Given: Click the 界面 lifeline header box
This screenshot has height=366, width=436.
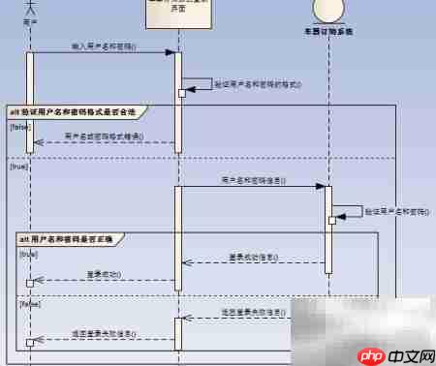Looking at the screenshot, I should tap(177, 13).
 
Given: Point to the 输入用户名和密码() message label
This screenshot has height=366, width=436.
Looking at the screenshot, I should tap(104, 46).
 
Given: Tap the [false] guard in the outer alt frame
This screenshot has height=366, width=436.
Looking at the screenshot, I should tap(19, 127).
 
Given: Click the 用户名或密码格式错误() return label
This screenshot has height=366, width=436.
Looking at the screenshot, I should tap(104, 137).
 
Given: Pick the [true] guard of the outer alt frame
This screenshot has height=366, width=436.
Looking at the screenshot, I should tap(18, 167).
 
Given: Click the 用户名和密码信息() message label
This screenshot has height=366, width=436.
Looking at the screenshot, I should tap(252, 179).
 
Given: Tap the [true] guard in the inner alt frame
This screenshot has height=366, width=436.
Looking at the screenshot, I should tap(28, 254).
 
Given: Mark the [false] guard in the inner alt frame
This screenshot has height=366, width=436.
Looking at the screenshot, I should tap(29, 302).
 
